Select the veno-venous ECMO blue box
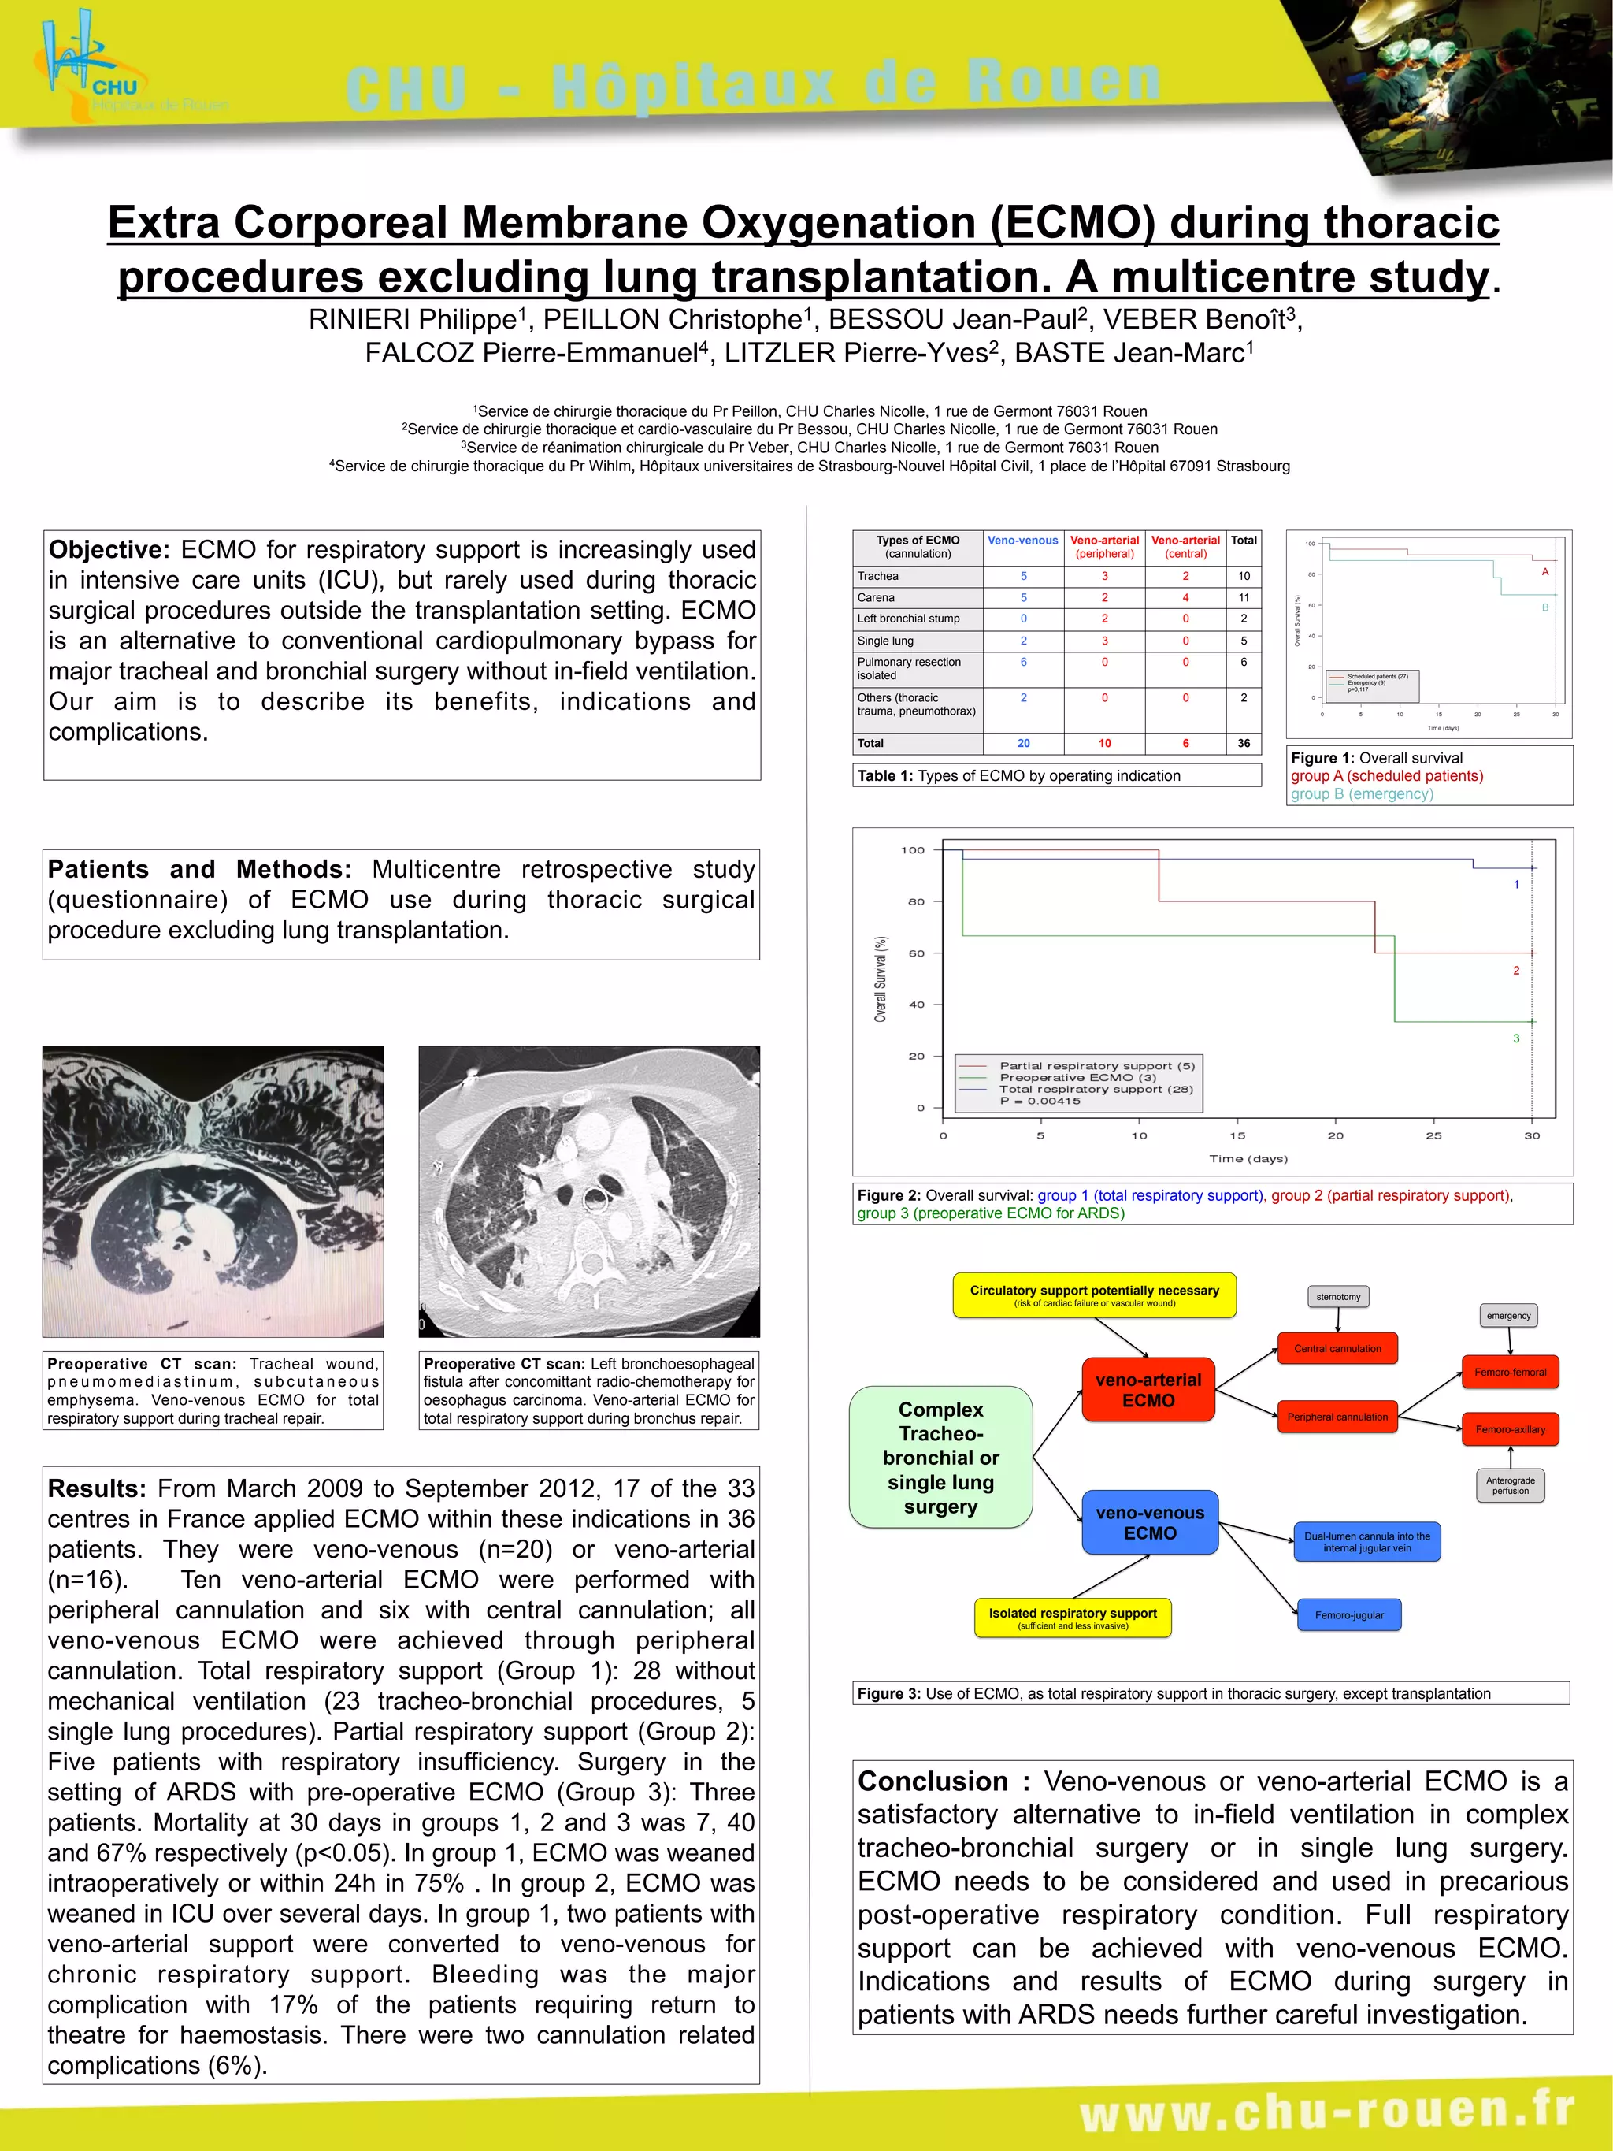(x=1149, y=1523)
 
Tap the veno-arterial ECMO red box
(x=1148, y=1390)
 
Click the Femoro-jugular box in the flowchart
(x=1348, y=1615)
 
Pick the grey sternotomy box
(x=1338, y=1296)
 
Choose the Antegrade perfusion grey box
(x=1510, y=1485)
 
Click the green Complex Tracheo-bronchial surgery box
(x=940, y=1457)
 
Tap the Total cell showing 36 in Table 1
(x=1244, y=743)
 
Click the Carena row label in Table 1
(x=876, y=598)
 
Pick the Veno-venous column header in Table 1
(x=1023, y=541)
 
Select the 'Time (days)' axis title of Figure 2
(x=1248, y=1159)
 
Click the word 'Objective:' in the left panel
(x=109, y=551)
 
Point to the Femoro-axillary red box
(x=1510, y=1429)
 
